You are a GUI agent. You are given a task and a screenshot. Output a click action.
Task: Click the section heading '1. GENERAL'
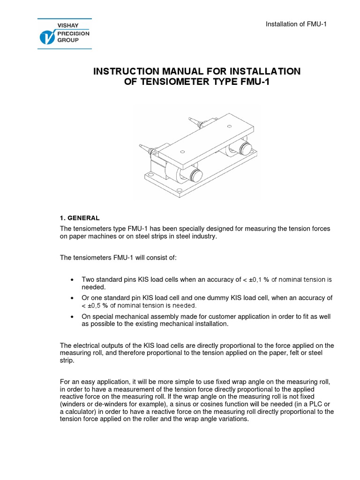(x=80, y=218)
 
